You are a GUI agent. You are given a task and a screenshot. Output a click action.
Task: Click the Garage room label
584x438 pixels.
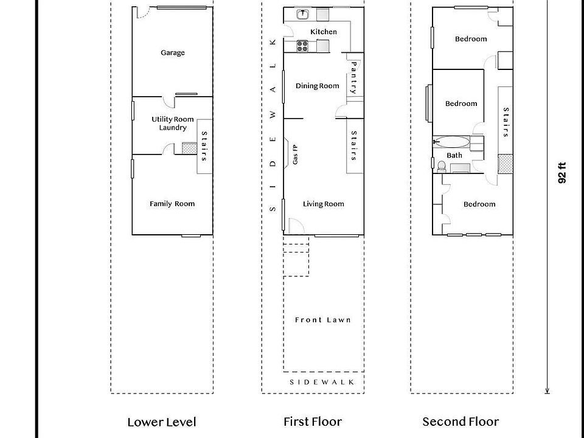pyautogui.click(x=173, y=53)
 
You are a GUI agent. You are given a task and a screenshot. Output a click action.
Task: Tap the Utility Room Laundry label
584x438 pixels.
pyautogui.click(x=173, y=123)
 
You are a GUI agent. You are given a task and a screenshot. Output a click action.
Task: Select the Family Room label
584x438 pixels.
pyautogui.click(x=172, y=204)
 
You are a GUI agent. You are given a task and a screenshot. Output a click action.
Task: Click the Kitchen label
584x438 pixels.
pyautogui.click(x=323, y=32)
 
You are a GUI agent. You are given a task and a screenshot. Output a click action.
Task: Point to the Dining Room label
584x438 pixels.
pyautogui.click(x=318, y=86)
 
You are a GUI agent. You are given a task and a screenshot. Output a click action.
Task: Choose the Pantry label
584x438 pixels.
pyautogui.click(x=353, y=77)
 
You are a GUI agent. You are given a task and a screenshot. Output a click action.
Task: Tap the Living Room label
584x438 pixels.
pyautogui.click(x=324, y=204)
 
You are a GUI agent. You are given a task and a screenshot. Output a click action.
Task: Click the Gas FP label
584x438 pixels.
pyautogui.click(x=295, y=155)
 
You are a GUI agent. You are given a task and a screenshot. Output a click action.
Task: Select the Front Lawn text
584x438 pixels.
pyautogui.click(x=323, y=320)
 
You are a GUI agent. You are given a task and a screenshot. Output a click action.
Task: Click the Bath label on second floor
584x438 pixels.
pyautogui.click(x=454, y=155)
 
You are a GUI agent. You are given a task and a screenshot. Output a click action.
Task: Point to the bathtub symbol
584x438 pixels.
pyautogui.click(x=453, y=142)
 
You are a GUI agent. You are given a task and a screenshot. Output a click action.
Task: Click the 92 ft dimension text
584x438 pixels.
pyautogui.click(x=562, y=172)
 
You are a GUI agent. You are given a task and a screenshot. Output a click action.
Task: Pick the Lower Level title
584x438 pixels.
pyautogui.click(x=162, y=422)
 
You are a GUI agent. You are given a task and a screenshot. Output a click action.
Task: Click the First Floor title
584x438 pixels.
pyautogui.click(x=313, y=422)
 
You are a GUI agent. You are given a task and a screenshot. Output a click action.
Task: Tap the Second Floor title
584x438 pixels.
pyautogui.click(x=461, y=422)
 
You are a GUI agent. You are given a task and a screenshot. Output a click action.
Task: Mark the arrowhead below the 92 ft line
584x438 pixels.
pyautogui.click(x=548, y=391)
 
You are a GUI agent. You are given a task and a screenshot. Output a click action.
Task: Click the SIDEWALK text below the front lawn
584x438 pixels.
pyautogui.click(x=322, y=382)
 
